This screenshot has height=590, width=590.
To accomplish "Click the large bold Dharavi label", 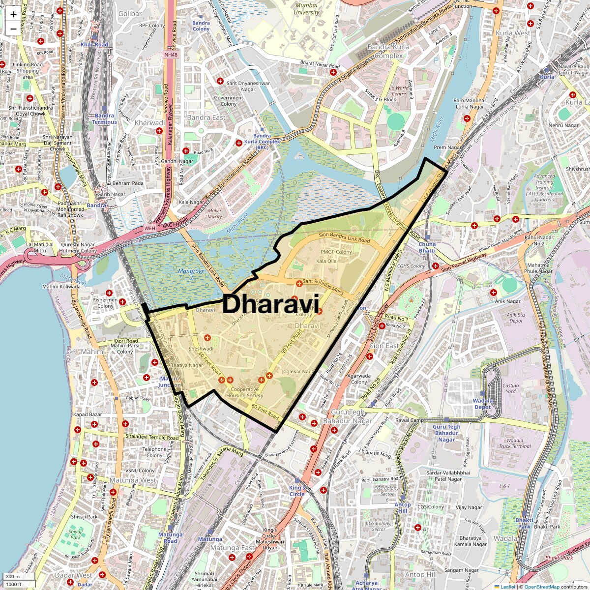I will tap(271, 304).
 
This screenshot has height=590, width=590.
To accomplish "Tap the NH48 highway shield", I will tap(171, 55).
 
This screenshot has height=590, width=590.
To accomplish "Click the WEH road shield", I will tap(149, 228).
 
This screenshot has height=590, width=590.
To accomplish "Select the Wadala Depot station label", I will tap(482, 404).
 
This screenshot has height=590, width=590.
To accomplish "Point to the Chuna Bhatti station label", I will tap(427, 247).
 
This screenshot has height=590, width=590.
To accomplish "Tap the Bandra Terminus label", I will tap(104, 119).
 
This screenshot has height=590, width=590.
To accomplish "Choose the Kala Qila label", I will tap(326, 261).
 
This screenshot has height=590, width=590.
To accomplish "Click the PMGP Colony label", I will tap(336, 252).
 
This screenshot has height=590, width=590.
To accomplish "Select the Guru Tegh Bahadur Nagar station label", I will tap(446, 433).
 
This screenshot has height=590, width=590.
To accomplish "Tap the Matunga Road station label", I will tap(171, 538).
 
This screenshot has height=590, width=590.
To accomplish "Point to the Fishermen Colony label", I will tap(105, 302).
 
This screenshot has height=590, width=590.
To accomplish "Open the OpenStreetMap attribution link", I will tap(541, 587).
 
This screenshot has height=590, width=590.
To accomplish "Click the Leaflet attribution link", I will tap(507, 587).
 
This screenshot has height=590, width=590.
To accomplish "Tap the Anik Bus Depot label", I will tap(516, 318).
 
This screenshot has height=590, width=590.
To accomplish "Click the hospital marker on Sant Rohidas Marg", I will tap(299, 283).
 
